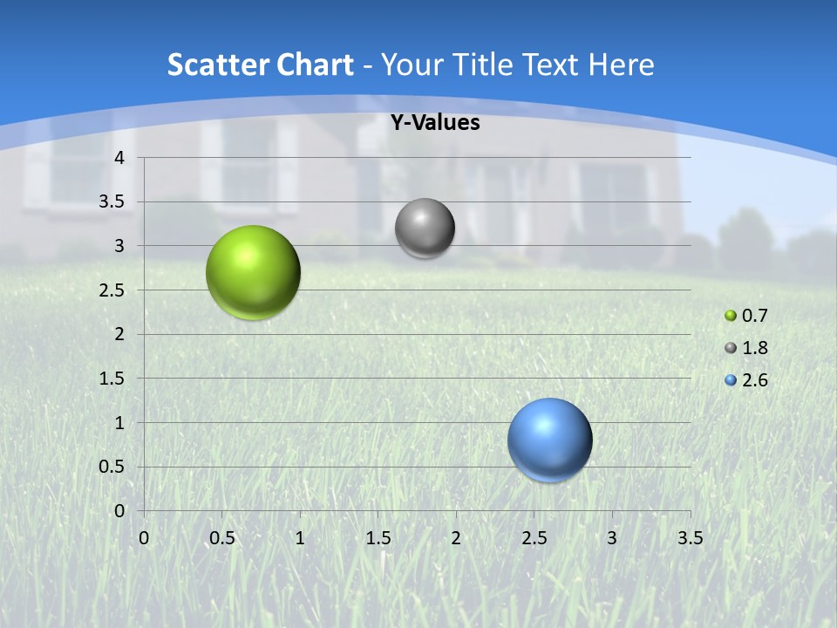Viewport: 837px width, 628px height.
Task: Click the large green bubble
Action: (253, 272)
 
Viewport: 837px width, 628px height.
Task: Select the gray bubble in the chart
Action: (425, 229)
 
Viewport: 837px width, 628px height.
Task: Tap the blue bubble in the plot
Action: (549, 440)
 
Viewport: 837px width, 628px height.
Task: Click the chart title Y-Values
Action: (434, 123)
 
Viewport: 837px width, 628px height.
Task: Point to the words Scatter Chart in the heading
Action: (260, 65)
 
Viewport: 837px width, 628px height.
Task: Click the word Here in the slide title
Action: (621, 65)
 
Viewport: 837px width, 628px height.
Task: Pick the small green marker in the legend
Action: (731, 316)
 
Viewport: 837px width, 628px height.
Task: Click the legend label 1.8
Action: (755, 348)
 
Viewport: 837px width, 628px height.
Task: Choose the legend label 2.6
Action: (755, 380)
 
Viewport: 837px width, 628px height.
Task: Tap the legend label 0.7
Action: (755, 316)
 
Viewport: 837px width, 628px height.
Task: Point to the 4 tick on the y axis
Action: (120, 158)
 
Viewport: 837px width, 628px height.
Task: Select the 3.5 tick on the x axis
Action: (690, 538)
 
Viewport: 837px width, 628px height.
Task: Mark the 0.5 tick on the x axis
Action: (222, 538)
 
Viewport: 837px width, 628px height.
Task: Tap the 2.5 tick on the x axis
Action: (534, 538)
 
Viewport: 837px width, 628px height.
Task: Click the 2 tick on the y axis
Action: (120, 334)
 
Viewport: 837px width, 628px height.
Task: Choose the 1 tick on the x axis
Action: (300, 538)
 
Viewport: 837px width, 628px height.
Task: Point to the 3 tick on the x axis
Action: (612, 538)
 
